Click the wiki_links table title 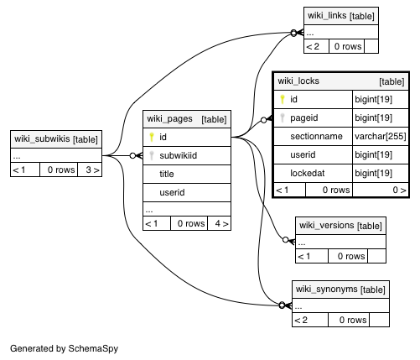point(327,15)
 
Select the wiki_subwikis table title point(42,138)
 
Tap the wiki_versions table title point(327,225)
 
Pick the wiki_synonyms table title point(326,289)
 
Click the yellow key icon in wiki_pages point(152,137)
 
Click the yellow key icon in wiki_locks point(283,99)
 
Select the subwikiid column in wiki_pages point(179,155)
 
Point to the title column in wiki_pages point(167,174)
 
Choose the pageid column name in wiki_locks point(304,117)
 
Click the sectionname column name point(316,136)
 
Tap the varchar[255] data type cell point(381,136)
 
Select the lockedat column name point(308,173)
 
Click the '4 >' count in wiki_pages point(221,223)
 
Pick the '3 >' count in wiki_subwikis point(92,170)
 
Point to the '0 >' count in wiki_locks point(399,190)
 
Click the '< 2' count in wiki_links point(313,46)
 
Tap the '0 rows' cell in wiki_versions point(351,256)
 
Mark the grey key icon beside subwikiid point(152,155)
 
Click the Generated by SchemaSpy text point(64,348)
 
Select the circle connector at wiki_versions point(286,240)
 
